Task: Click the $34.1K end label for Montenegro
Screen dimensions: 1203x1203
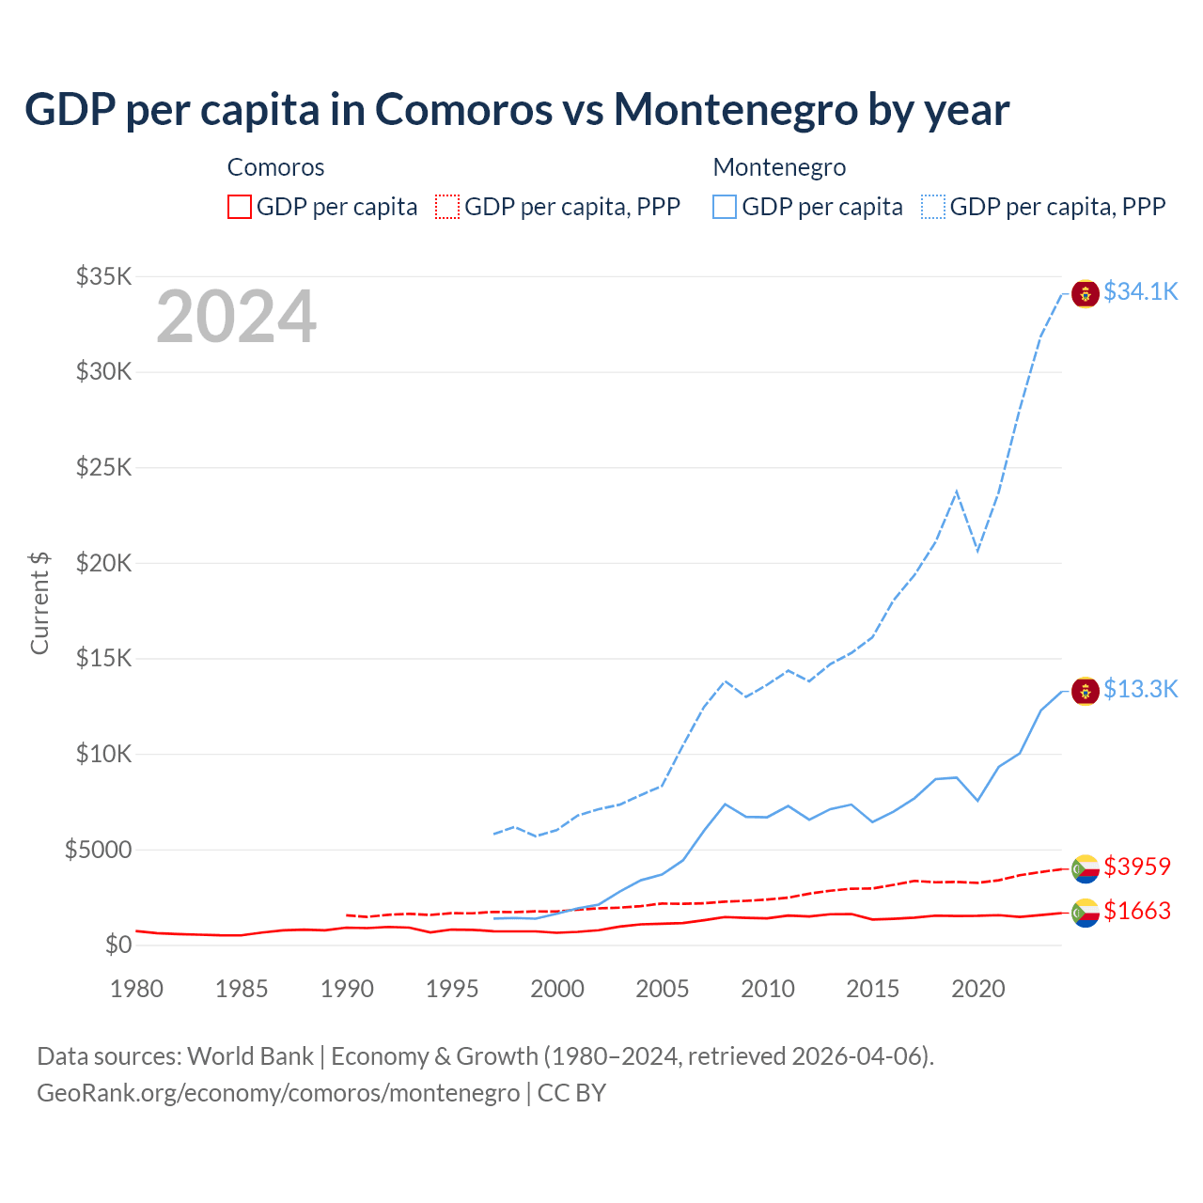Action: pyautogui.click(x=1140, y=291)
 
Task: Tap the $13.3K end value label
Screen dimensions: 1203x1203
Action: pyautogui.click(x=1140, y=689)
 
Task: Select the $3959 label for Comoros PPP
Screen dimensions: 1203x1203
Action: pyautogui.click(x=1136, y=866)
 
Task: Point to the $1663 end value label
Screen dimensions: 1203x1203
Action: pyautogui.click(x=1136, y=911)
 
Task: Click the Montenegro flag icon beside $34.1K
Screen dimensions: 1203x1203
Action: pyautogui.click(x=1086, y=293)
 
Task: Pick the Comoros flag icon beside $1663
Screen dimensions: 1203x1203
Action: pyautogui.click(x=1086, y=913)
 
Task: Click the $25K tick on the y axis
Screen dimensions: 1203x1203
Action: pyautogui.click(x=103, y=467)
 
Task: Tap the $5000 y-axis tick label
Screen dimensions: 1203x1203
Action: pyautogui.click(x=98, y=850)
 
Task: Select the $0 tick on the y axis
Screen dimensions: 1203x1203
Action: pyautogui.click(x=117, y=945)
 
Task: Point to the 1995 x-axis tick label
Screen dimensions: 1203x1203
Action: pyautogui.click(x=452, y=989)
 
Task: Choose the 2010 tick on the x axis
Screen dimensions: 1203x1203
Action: pyautogui.click(x=768, y=989)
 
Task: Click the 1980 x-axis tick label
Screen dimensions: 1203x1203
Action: pyautogui.click(x=137, y=989)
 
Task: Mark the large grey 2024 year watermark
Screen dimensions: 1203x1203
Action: pyautogui.click(x=236, y=317)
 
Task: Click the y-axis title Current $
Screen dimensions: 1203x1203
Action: pyautogui.click(x=39, y=603)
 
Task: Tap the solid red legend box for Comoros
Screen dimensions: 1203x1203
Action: pyautogui.click(x=240, y=207)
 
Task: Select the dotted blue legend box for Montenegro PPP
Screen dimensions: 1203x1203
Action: pyautogui.click(x=933, y=207)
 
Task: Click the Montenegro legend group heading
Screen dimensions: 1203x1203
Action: pyautogui.click(x=779, y=167)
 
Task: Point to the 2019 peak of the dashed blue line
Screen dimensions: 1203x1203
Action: pyautogui.click(x=957, y=491)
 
